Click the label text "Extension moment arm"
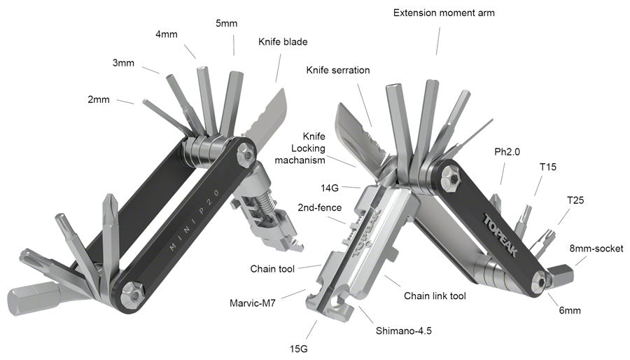[x=439, y=13]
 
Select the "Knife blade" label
[x=281, y=42]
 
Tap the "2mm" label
[x=99, y=99]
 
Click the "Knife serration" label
[x=337, y=70]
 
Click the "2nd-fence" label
[x=319, y=208]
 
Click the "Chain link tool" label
[x=435, y=296]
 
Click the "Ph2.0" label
[x=507, y=151]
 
